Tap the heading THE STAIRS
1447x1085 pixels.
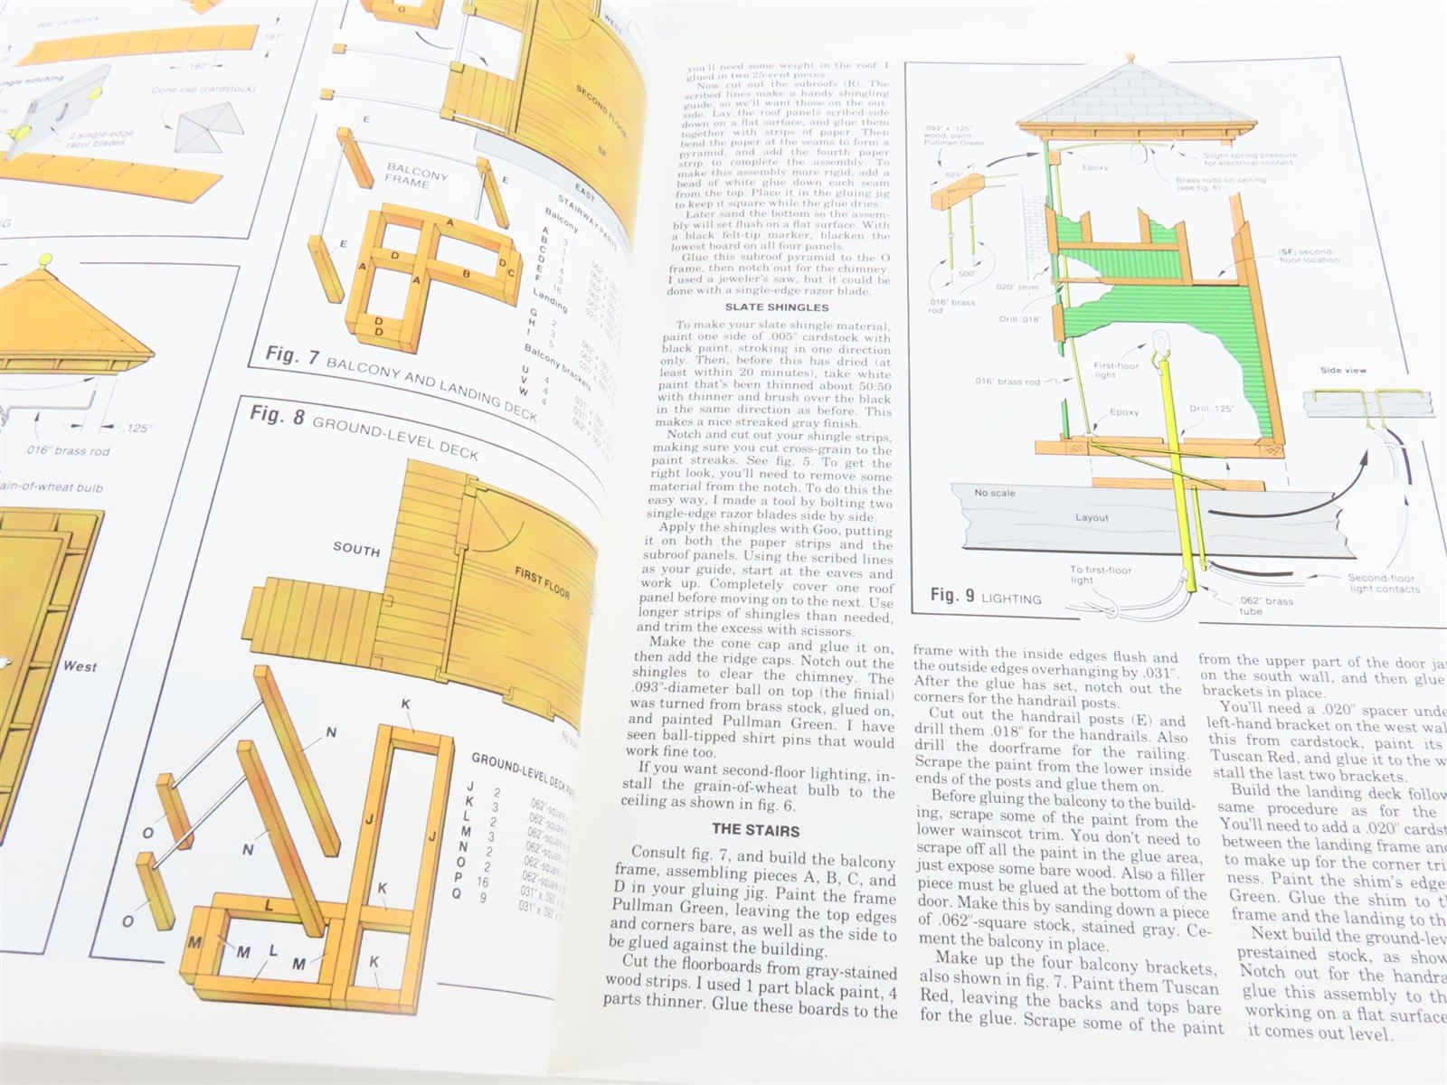point(756,829)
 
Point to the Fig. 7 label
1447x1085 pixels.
point(292,354)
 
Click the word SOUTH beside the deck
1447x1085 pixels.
point(356,549)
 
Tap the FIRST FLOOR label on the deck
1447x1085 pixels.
point(542,583)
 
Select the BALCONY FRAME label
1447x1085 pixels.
point(417,175)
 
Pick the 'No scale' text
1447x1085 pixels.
point(994,494)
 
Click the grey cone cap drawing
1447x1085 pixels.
point(205,127)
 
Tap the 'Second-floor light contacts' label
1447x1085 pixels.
point(1383,583)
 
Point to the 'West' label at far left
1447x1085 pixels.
point(80,666)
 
